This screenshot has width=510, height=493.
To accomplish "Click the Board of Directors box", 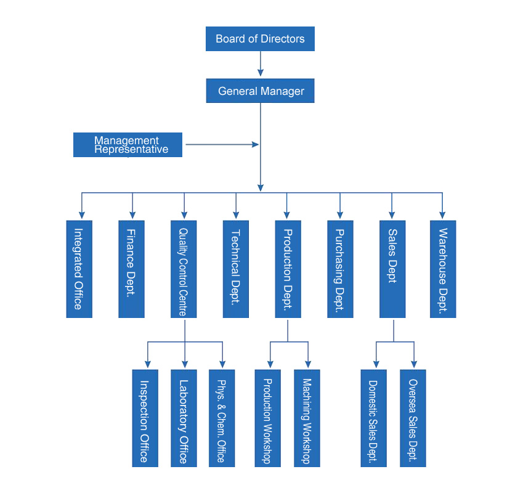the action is [x=260, y=39].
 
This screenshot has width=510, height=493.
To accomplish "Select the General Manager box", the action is [x=260, y=91].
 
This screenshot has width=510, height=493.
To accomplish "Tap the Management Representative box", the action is [x=128, y=145].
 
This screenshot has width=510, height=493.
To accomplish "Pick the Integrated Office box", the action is [x=79, y=269].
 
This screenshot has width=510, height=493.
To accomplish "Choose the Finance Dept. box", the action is [x=131, y=269].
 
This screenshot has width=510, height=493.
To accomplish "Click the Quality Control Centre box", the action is [x=184, y=269].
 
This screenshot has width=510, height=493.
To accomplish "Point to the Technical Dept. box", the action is [x=236, y=269].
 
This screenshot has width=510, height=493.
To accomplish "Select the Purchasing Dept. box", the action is [x=340, y=269].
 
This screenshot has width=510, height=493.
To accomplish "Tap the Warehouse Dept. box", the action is [x=443, y=269].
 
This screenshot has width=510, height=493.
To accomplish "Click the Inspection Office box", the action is [x=145, y=418].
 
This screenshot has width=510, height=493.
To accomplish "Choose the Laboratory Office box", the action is [x=184, y=418].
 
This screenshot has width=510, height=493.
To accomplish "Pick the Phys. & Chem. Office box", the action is [x=222, y=418].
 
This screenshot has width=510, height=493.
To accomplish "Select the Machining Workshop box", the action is [x=307, y=418].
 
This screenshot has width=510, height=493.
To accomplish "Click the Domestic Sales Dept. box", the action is [x=374, y=418].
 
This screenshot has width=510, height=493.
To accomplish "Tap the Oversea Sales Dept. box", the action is [x=413, y=418].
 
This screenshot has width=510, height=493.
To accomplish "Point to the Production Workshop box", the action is [x=268, y=418].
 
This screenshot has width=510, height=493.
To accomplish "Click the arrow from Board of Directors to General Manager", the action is [x=261, y=63].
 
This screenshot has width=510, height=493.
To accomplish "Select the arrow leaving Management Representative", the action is [x=222, y=144].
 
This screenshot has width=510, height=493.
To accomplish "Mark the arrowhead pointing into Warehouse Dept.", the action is [x=442, y=215].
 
